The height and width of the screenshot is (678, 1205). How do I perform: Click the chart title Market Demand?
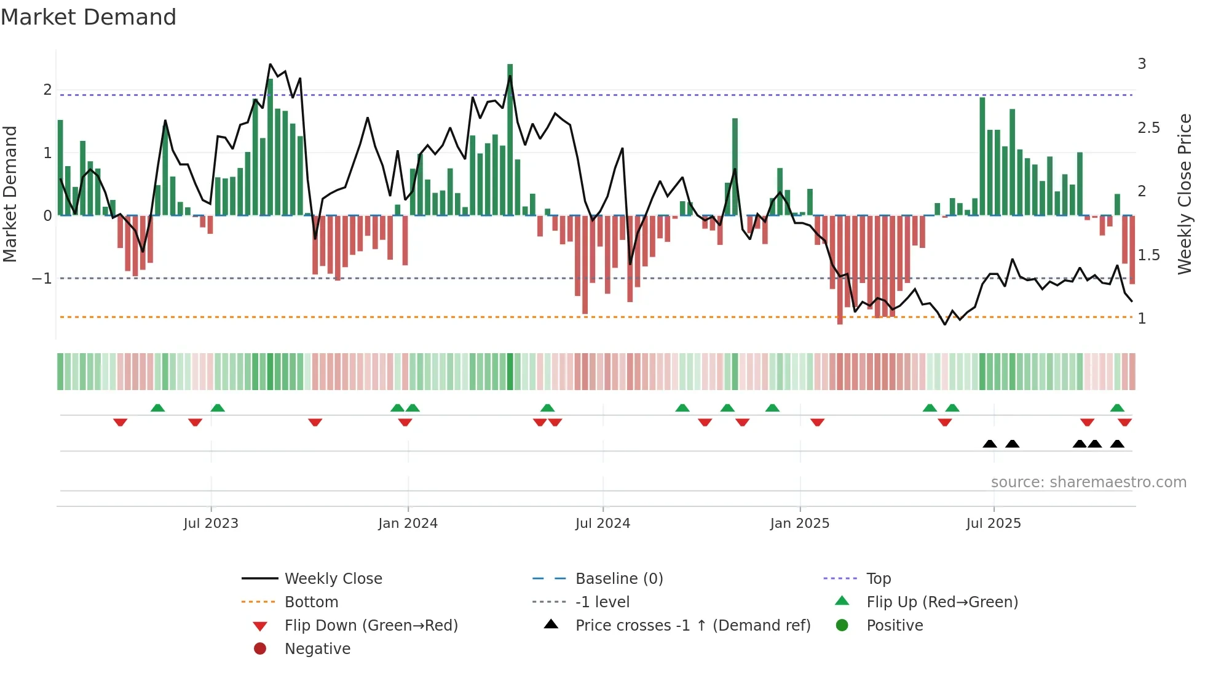(89, 17)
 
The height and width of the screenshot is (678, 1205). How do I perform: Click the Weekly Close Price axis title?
(1184, 194)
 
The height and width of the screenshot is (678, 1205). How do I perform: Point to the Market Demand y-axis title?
(10, 194)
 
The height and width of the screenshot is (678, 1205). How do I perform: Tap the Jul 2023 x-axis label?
(210, 524)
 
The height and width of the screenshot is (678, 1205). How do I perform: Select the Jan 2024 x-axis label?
(408, 524)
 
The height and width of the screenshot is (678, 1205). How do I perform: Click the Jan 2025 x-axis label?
(799, 524)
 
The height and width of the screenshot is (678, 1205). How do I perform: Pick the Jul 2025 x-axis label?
(993, 524)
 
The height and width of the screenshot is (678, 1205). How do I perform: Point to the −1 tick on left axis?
(42, 279)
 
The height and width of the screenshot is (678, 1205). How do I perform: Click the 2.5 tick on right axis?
(1148, 128)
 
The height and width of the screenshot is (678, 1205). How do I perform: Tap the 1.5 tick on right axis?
(1148, 255)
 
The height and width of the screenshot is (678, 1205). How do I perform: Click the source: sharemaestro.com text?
(1088, 482)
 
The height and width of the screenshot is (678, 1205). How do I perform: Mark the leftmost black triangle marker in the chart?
(989, 444)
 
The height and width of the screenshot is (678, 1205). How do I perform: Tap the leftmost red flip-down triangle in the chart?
(120, 422)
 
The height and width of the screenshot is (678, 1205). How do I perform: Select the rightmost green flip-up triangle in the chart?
(1117, 408)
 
